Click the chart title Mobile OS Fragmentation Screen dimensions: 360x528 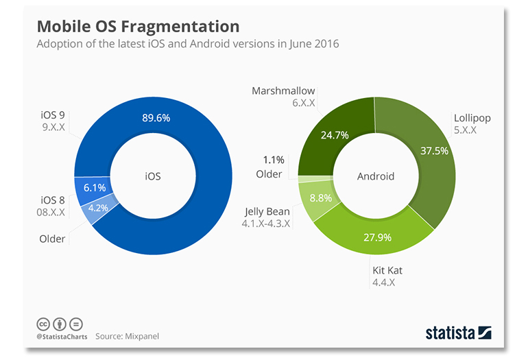pyautogui.click(x=138, y=27)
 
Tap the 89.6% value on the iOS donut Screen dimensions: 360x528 pyautogui.click(x=156, y=118)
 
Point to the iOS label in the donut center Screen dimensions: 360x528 pyautogui.click(x=152, y=176)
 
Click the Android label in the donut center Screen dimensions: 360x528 pyautogui.click(x=376, y=176)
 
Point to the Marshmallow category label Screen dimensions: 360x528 pyautogui.click(x=283, y=91)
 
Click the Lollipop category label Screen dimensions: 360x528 pyautogui.click(x=472, y=118)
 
